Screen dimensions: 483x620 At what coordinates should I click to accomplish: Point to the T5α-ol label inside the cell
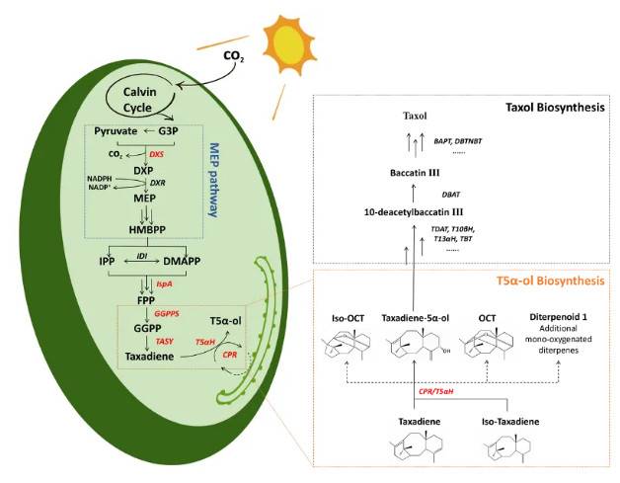click(x=229, y=322)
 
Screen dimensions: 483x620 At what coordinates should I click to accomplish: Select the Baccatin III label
click(x=420, y=173)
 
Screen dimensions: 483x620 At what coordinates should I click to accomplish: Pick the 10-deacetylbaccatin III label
click(x=416, y=212)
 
